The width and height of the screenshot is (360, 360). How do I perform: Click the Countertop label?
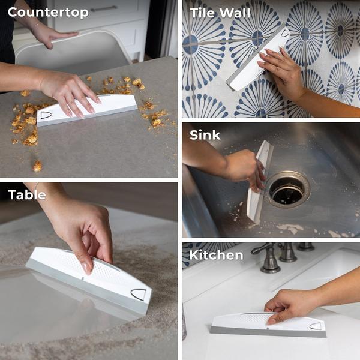click(48, 13)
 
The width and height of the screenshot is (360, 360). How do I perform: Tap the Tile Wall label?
click(220, 13)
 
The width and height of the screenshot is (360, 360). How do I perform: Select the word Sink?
click(205, 135)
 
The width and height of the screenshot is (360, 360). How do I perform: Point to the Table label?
click(27, 195)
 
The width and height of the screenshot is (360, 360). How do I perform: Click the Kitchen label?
click(216, 256)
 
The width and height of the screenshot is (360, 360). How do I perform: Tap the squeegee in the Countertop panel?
click(87, 110)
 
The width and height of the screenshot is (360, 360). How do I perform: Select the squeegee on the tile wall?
click(257, 59)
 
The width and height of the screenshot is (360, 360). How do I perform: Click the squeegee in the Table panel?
click(89, 280)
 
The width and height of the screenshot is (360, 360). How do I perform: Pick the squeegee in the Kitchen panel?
click(268, 325)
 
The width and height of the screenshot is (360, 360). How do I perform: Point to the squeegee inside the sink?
click(260, 181)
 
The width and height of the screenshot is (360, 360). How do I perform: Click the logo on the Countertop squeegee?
click(46, 115)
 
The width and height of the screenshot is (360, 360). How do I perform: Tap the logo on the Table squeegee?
click(139, 295)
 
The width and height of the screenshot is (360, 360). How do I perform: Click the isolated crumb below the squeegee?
click(38, 166)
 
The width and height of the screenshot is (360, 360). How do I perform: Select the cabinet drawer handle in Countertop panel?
click(104, 9)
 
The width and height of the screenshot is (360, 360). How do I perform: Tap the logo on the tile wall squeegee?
click(284, 33)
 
